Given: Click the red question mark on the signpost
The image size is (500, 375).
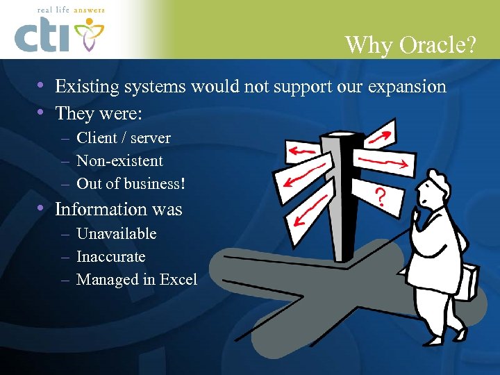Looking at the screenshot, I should pyautogui.click(x=381, y=198).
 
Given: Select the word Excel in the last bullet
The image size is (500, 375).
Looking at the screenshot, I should pyautogui.click(x=178, y=280).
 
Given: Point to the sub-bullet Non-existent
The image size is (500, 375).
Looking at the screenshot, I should pyautogui.click(x=119, y=161).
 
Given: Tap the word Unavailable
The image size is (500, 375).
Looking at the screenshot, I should pyautogui.click(x=116, y=234).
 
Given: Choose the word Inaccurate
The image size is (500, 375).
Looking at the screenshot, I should pyautogui.click(x=110, y=257).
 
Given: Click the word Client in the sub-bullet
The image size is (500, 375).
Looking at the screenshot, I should pyautogui.click(x=97, y=138).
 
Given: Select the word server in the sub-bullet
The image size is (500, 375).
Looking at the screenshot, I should pyautogui.click(x=150, y=138).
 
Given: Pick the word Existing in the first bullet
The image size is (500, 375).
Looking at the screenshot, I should pyautogui.click(x=85, y=87).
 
